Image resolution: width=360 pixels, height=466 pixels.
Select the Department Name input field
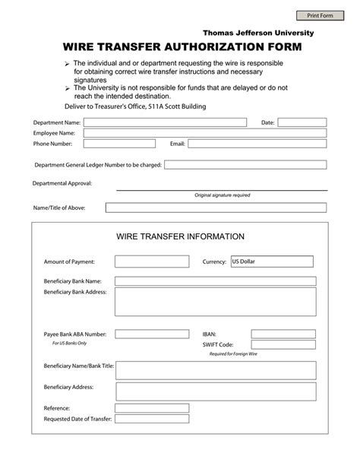(x=165, y=122)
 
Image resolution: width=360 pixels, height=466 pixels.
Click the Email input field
(x=257, y=143)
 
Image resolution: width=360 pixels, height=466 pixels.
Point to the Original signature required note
(x=222, y=195)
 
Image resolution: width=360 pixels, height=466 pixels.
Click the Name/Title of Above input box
(x=216, y=207)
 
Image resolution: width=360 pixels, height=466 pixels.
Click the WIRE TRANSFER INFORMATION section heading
(x=180, y=236)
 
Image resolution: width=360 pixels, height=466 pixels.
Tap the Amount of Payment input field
(x=152, y=262)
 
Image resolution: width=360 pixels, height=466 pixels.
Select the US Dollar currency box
(x=271, y=262)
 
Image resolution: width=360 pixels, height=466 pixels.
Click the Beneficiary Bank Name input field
(x=215, y=281)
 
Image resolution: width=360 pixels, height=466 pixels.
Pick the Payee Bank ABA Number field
(x=152, y=334)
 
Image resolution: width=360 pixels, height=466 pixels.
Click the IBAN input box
(x=283, y=334)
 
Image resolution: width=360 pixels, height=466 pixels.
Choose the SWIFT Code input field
(x=283, y=344)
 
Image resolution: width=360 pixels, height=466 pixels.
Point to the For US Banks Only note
(x=69, y=343)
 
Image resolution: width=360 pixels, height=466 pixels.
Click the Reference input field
(x=152, y=407)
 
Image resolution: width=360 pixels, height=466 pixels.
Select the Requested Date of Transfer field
(x=152, y=419)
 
